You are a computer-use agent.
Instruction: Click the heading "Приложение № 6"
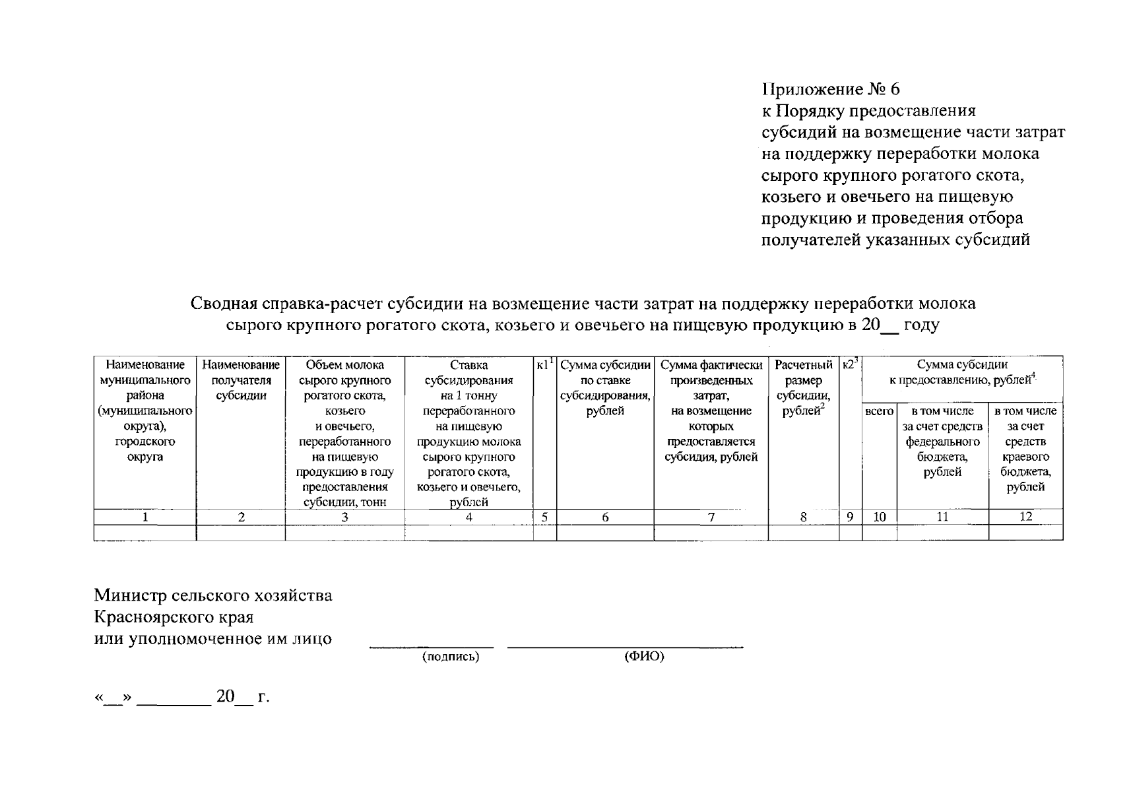831,89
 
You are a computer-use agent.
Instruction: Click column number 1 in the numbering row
145,517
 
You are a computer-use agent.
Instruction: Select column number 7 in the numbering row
711,517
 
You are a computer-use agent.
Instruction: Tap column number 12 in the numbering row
1025,517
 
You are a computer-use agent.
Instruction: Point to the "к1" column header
544,364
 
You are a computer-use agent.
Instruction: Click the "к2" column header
850,364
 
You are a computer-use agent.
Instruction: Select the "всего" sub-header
879,411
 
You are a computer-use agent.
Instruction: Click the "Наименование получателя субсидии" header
241,380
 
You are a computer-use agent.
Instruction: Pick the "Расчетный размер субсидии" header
803,388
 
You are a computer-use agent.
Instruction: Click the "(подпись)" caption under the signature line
450,657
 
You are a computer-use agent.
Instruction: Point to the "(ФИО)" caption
643,657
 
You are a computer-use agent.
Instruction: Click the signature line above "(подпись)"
432,647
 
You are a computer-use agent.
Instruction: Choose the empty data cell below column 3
344,532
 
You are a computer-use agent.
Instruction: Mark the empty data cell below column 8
803,532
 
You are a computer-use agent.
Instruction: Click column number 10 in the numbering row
879,517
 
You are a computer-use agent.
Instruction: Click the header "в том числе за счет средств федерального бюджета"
942,441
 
